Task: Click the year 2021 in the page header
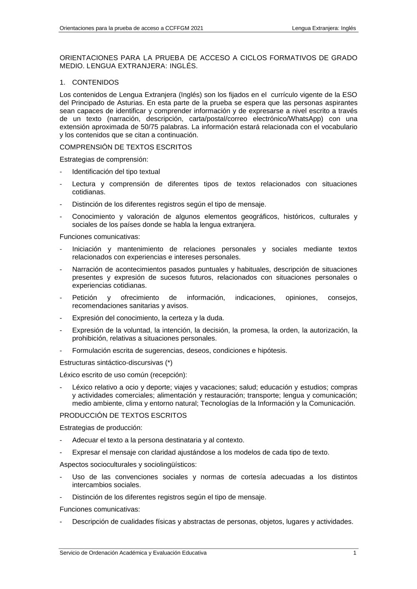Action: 196,28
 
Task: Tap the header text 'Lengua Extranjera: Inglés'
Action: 324,28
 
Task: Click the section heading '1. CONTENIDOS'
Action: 89,82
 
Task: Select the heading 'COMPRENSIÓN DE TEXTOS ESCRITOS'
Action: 126,147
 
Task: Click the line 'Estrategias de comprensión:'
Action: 104,160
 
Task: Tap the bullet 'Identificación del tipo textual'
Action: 116,172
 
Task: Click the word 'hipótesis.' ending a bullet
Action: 272,351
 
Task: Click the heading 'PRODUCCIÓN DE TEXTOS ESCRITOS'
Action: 123,416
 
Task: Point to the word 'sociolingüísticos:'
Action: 170,464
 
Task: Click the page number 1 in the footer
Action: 354,553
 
